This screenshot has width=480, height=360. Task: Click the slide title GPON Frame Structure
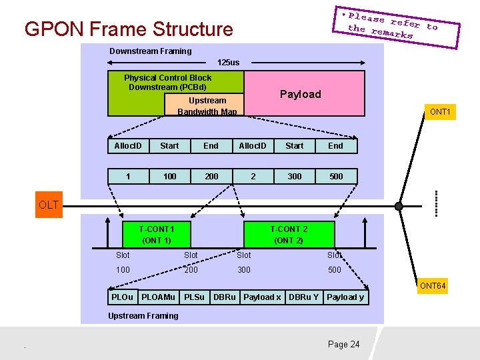click(x=129, y=29)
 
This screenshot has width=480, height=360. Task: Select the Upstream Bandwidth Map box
click(x=207, y=105)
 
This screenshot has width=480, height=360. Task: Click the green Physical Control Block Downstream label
click(x=167, y=82)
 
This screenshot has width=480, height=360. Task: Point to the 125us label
click(x=228, y=62)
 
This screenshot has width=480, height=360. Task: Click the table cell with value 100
click(x=169, y=176)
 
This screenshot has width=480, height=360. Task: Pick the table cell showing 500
click(x=336, y=176)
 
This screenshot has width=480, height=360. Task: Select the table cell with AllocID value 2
click(x=253, y=176)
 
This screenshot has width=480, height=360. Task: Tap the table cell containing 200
click(x=211, y=176)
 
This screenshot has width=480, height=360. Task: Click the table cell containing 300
click(x=294, y=176)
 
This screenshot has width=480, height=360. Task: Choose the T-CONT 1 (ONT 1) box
click(x=157, y=234)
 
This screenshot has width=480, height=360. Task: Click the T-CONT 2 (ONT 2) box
click(x=289, y=234)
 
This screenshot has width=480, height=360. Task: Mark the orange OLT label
click(x=49, y=205)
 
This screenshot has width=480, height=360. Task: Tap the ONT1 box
click(x=440, y=111)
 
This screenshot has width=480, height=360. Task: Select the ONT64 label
click(x=432, y=286)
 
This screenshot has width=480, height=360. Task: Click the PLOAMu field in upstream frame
click(x=159, y=297)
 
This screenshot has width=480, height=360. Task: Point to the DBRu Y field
click(x=303, y=297)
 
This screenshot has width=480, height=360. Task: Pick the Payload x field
click(x=262, y=297)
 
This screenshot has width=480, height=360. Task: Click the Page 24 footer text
click(x=343, y=344)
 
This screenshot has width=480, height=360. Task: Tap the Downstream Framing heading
click(x=150, y=51)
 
